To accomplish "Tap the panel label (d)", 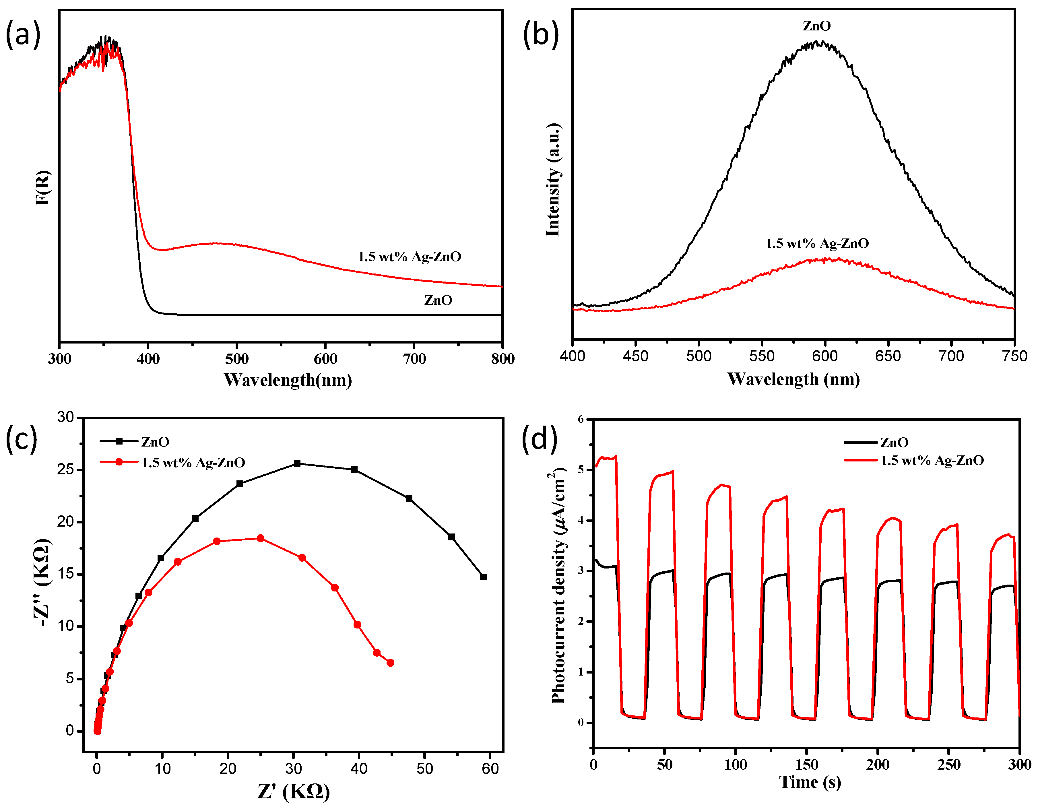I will [540, 438].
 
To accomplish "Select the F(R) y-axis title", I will [43, 187].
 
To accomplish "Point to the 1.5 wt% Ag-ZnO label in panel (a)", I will [409, 257].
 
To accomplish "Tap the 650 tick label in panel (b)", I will [888, 356].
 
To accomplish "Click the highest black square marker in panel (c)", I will [297, 463].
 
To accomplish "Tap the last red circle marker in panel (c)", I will [390, 663].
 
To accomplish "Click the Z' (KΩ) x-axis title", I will [293, 791].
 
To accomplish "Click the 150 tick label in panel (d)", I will [806, 765].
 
